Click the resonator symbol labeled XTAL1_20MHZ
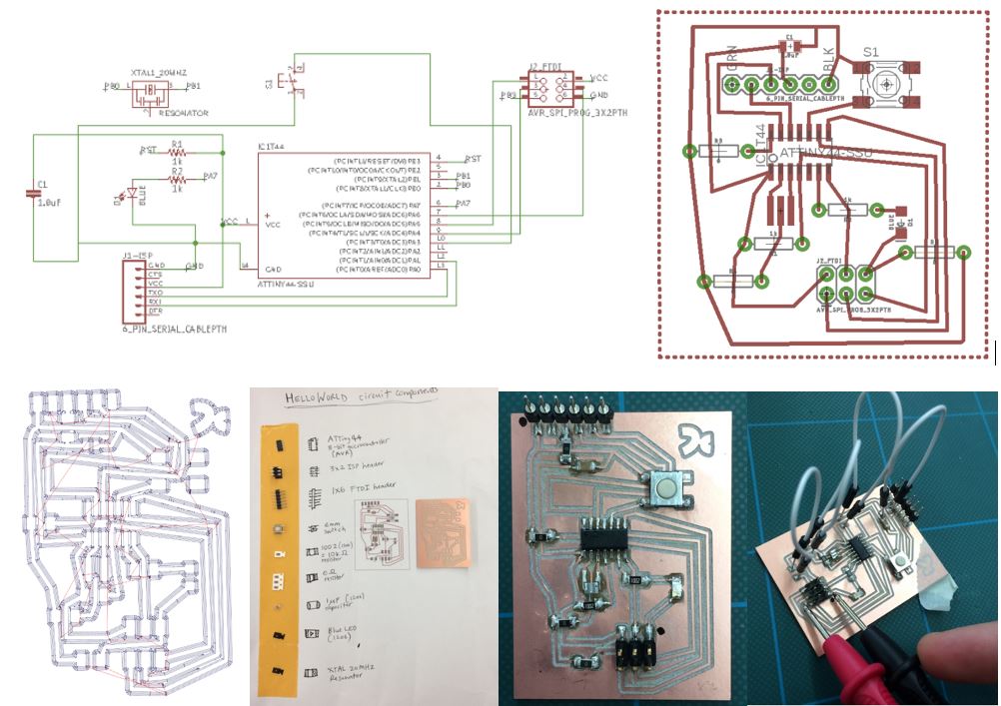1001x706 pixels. click(x=151, y=91)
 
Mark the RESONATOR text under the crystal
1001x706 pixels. click(x=183, y=115)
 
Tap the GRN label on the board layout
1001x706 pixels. click(x=732, y=61)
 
